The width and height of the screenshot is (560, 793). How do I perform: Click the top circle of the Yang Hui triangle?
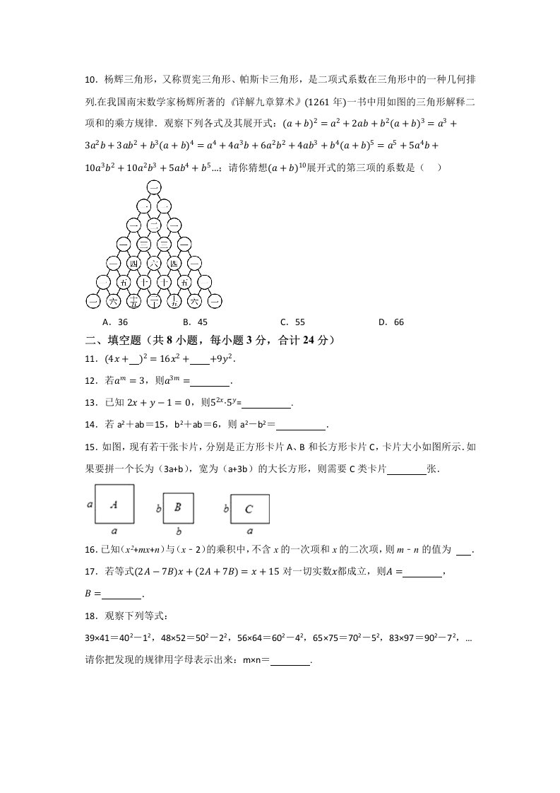pyautogui.click(x=155, y=187)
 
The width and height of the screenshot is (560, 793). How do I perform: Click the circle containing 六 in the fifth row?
pyautogui.click(x=154, y=264)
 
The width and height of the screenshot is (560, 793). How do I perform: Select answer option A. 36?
pyautogui.click(x=114, y=322)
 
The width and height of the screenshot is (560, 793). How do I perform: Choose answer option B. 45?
pyautogui.click(x=193, y=322)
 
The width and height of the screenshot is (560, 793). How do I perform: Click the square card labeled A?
pyautogui.click(x=114, y=504)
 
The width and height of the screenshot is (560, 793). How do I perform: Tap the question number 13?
pyautogui.click(x=90, y=404)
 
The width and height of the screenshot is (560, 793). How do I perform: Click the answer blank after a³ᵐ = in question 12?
pyautogui.click(x=210, y=382)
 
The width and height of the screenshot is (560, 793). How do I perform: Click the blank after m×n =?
pyautogui.click(x=290, y=661)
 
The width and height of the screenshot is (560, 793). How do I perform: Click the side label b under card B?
pyautogui.click(x=179, y=531)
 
